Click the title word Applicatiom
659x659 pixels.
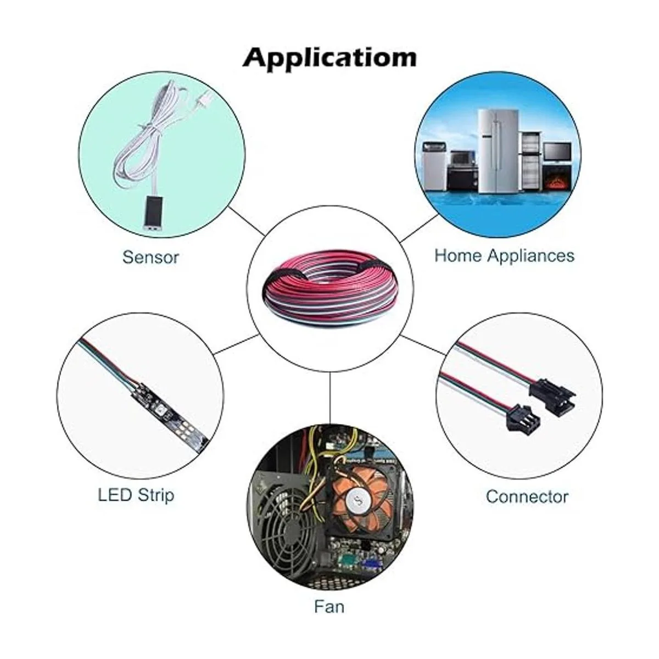click(x=329, y=58)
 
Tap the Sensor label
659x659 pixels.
click(x=150, y=257)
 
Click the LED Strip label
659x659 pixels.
click(x=136, y=495)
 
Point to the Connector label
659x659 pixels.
click(x=527, y=496)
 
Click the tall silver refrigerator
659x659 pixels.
click(x=498, y=151)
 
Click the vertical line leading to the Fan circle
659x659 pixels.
click(x=330, y=398)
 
